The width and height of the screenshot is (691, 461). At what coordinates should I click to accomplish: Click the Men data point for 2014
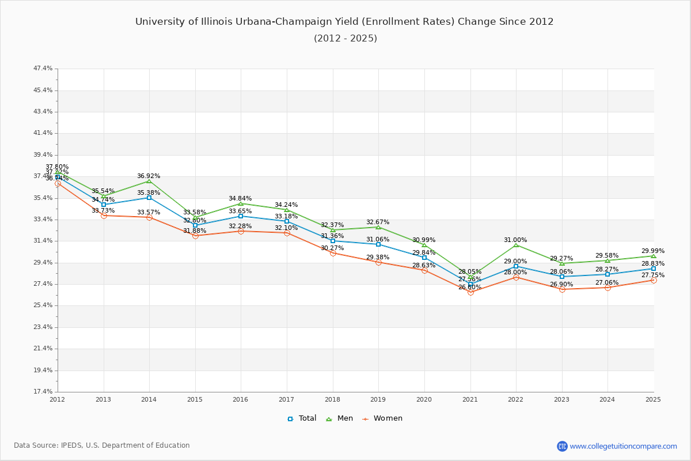point(149,181)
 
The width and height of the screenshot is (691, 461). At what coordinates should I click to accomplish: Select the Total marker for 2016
point(241,216)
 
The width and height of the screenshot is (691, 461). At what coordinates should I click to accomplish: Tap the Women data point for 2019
point(378,262)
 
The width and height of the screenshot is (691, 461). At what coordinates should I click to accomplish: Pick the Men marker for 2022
point(516,245)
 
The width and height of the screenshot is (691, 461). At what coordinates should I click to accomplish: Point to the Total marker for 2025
point(654,269)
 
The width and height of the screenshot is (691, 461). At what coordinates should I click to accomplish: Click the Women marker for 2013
point(104,216)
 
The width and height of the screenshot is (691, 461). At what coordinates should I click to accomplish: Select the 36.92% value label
point(149,176)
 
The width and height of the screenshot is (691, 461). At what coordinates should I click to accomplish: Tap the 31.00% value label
point(515,240)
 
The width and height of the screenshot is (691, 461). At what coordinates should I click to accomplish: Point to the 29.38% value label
point(378,257)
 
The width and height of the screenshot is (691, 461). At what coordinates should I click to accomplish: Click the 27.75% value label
point(653,275)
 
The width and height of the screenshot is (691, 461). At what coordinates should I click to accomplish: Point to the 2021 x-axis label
point(470,399)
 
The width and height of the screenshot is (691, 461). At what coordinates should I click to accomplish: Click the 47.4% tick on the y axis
point(43,69)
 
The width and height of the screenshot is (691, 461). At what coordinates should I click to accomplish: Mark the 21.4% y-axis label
point(43,348)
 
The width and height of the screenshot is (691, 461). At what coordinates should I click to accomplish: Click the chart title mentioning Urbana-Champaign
point(344,22)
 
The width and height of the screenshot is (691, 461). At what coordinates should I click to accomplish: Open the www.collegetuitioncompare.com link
point(623,446)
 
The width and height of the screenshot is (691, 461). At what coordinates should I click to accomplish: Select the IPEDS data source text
point(102,445)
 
